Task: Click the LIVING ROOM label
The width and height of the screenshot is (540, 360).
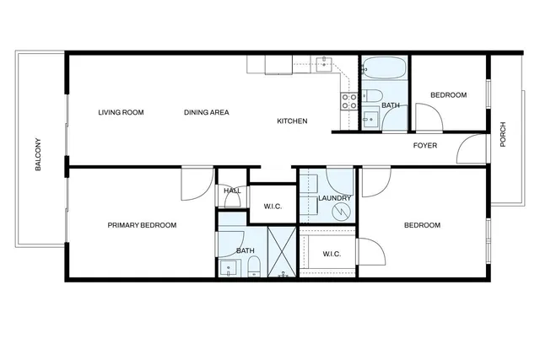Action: (121, 112)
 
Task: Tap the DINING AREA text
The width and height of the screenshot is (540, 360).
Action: (207, 112)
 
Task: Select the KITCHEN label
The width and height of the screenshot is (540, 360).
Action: (292, 121)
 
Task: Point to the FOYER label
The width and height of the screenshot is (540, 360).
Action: (424, 145)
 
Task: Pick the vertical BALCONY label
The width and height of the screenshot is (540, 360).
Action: (38, 154)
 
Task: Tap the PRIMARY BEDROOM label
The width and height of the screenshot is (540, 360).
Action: (142, 225)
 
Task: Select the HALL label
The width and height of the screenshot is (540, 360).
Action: (232, 191)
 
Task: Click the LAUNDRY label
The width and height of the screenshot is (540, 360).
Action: (334, 198)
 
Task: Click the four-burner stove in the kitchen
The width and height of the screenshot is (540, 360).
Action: (349, 101)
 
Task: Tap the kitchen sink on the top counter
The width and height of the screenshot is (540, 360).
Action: (324, 62)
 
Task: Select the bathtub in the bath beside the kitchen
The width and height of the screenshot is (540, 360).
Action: (384, 67)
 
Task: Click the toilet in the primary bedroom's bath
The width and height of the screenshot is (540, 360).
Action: (253, 267)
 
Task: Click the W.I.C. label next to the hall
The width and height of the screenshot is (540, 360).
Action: (272, 206)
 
